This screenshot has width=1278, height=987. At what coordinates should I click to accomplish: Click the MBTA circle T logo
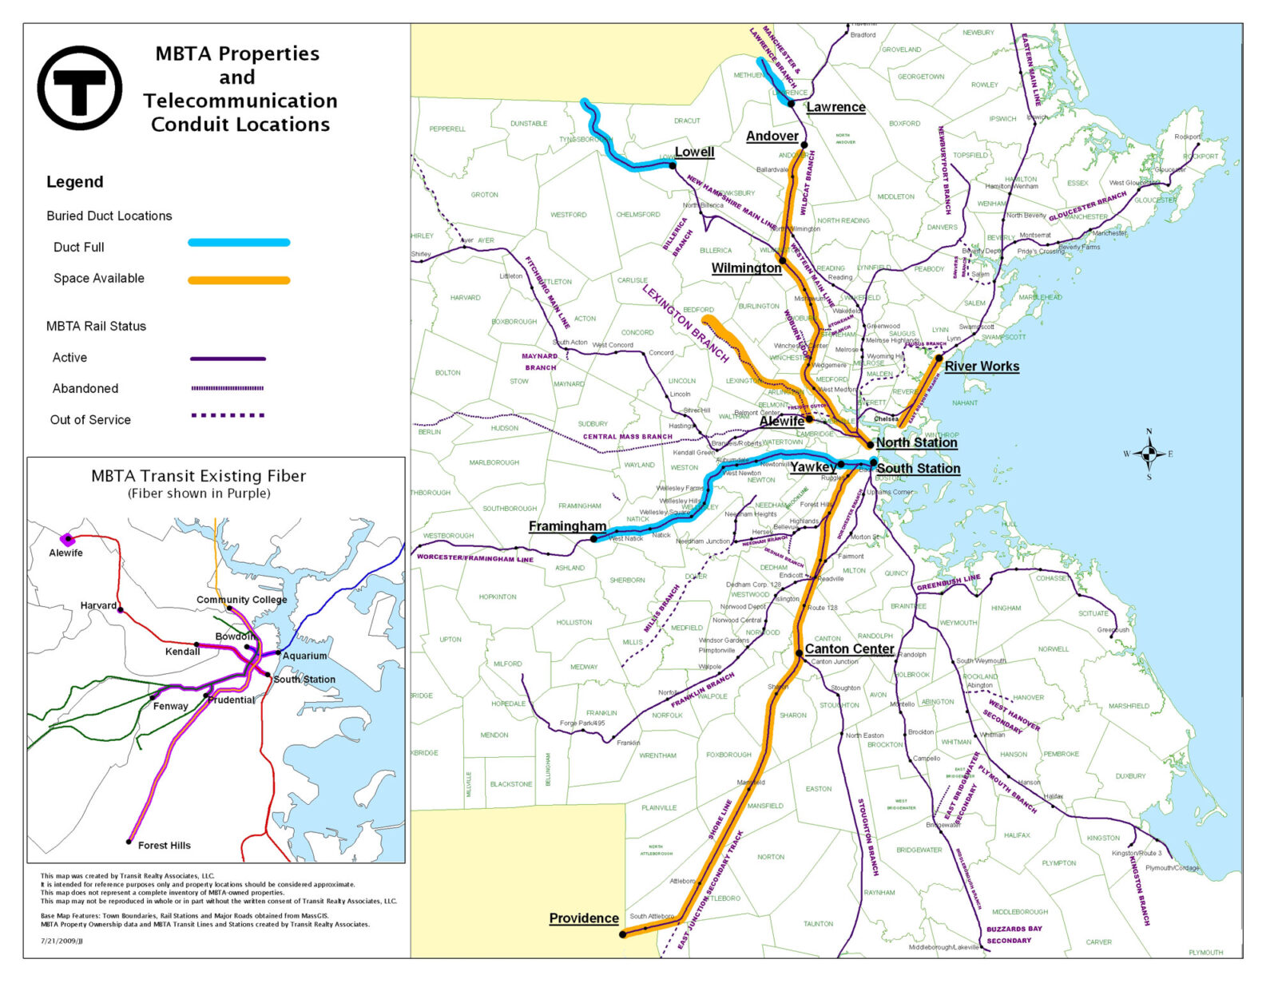click(79, 88)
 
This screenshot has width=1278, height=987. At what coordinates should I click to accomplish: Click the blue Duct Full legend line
click(239, 243)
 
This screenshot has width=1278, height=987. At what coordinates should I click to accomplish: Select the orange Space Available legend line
click(239, 280)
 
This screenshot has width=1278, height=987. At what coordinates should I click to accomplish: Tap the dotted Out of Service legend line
click(228, 415)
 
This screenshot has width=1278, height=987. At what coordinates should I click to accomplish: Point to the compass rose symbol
click(1149, 454)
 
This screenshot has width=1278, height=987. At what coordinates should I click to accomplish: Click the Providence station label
click(583, 918)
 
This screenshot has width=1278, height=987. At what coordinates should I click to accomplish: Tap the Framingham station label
click(567, 526)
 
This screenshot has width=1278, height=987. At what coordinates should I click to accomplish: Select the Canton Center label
click(849, 649)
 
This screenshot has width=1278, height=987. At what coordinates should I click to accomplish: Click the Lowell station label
click(694, 152)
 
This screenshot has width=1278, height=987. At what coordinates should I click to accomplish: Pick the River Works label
click(982, 367)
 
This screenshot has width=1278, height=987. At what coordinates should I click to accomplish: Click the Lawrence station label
click(835, 107)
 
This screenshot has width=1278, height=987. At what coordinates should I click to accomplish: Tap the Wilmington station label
click(746, 268)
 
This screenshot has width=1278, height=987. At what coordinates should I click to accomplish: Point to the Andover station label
click(772, 137)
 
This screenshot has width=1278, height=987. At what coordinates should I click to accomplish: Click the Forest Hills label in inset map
click(164, 845)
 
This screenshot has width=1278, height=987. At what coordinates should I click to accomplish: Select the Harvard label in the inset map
click(98, 605)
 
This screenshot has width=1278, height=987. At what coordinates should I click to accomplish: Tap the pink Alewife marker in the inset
click(67, 539)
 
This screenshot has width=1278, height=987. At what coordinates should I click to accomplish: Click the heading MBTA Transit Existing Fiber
click(198, 477)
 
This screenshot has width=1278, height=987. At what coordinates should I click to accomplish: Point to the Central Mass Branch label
click(627, 437)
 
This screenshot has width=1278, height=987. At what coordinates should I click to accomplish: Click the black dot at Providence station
click(623, 934)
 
